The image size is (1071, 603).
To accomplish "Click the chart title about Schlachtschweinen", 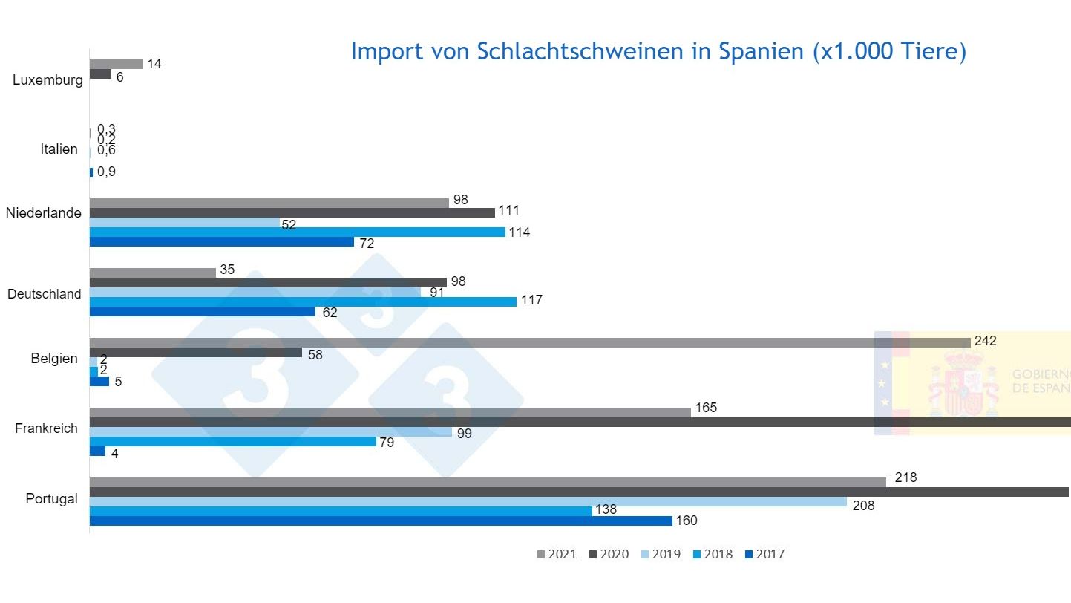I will point(658,51).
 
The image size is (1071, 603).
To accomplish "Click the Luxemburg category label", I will point(48,80).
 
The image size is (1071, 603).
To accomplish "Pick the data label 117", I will point(531,300).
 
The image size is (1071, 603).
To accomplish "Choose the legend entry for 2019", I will point(660,554).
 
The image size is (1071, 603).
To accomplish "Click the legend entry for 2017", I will point(764,554).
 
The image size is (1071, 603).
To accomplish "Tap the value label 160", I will point(687,521).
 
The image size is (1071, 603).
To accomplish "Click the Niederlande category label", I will point(43,213).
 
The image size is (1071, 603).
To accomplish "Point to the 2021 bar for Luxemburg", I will point(116,64).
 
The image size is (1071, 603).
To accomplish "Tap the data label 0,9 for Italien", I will point(106,172).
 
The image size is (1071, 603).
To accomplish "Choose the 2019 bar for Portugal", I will point(468,501).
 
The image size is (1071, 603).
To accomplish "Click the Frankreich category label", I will point(46,428).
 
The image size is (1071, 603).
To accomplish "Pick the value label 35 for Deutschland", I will point(227,270).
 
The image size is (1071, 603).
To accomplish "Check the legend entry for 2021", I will point(556,554).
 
